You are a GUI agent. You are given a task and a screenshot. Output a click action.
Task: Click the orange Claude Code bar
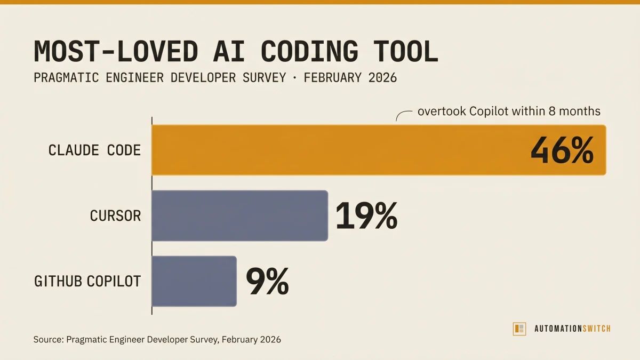click(x=341, y=150)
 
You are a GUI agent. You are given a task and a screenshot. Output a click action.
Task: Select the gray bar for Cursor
click(x=239, y=215)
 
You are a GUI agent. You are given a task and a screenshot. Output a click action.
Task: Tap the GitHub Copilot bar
click(x=194, y=281)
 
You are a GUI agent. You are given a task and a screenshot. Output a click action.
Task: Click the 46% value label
click(x=561, y=151)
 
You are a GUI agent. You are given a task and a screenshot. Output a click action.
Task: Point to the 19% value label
click(x=366, y=215)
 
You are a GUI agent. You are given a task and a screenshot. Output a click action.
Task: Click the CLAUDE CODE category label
click(x=94, y=150)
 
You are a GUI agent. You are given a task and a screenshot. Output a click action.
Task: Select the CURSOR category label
click(x=115, y=216)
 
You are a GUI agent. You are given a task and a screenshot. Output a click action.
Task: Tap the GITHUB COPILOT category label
click(x=87, y=281)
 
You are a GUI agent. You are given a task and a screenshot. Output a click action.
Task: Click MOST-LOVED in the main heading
click(x=116, y=52)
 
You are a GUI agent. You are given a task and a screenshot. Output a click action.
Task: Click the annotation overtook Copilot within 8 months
click(x=509, y=111)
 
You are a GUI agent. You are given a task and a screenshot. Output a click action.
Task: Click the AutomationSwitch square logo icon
click(x=519, y=329)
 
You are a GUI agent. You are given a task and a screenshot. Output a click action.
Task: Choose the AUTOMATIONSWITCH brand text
click(x=572, y=329)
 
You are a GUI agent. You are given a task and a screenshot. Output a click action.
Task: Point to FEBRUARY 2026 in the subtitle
click(x=350, y=78)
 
